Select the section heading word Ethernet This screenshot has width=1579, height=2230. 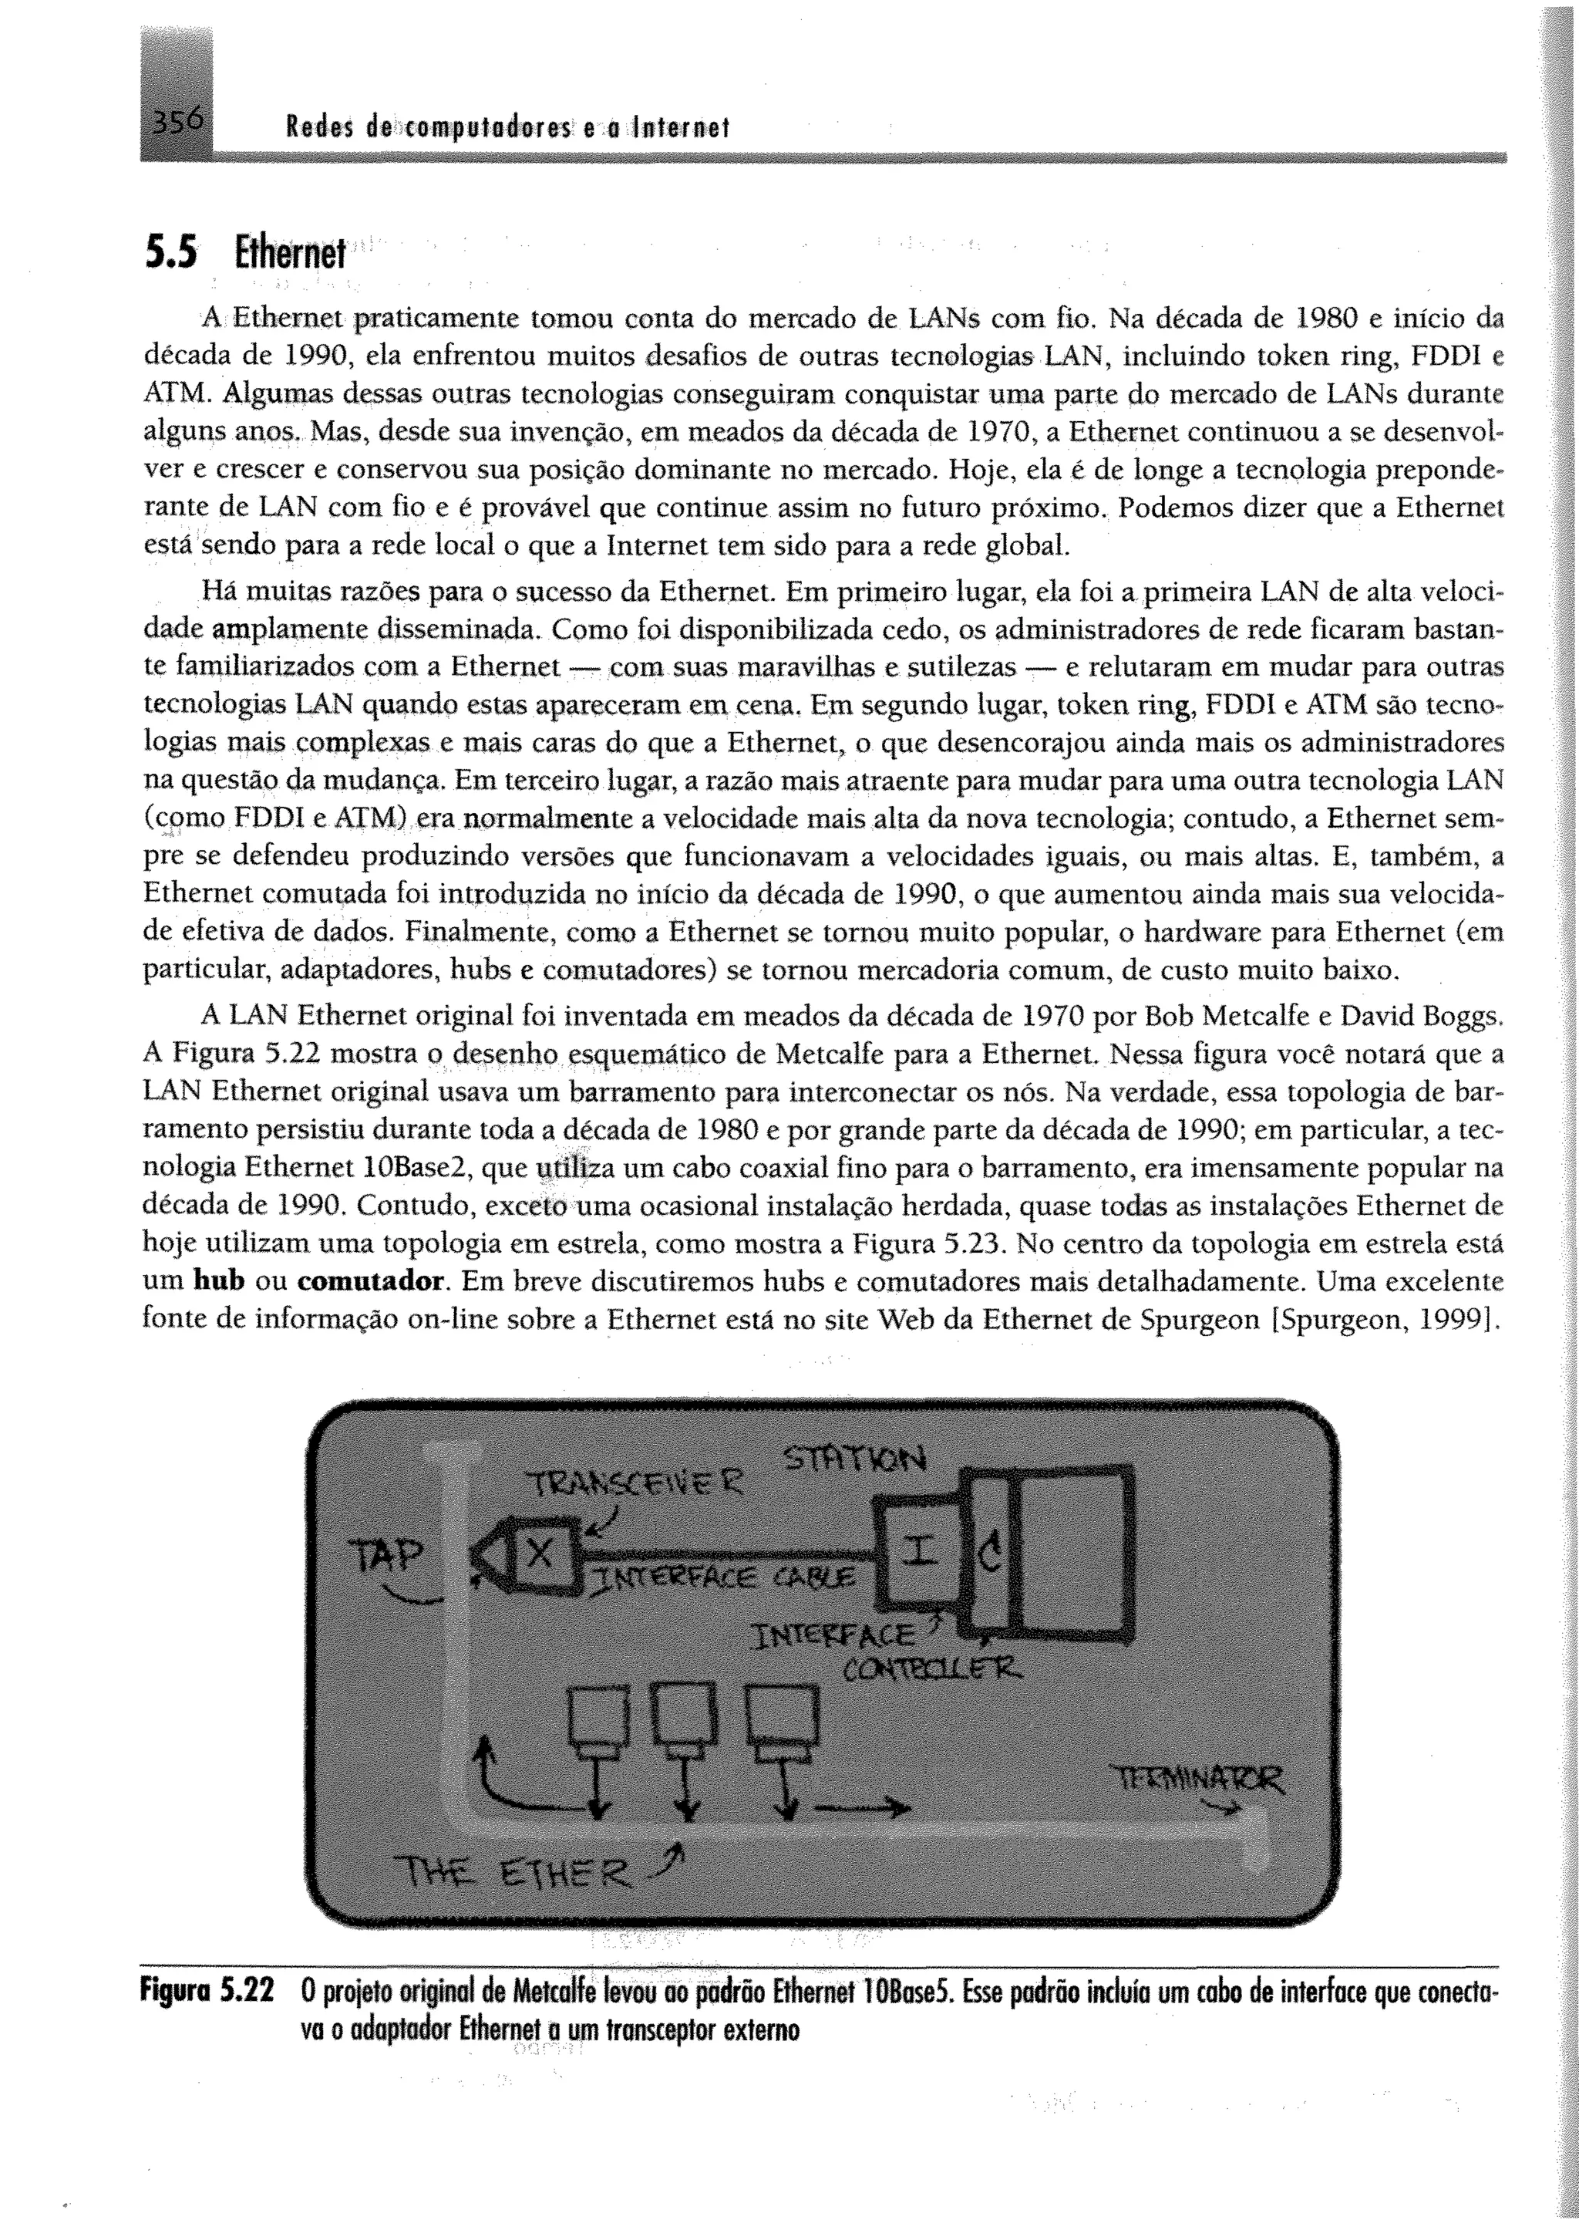(290, 255)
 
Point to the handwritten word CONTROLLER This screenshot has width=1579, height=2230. (931, 1670)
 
